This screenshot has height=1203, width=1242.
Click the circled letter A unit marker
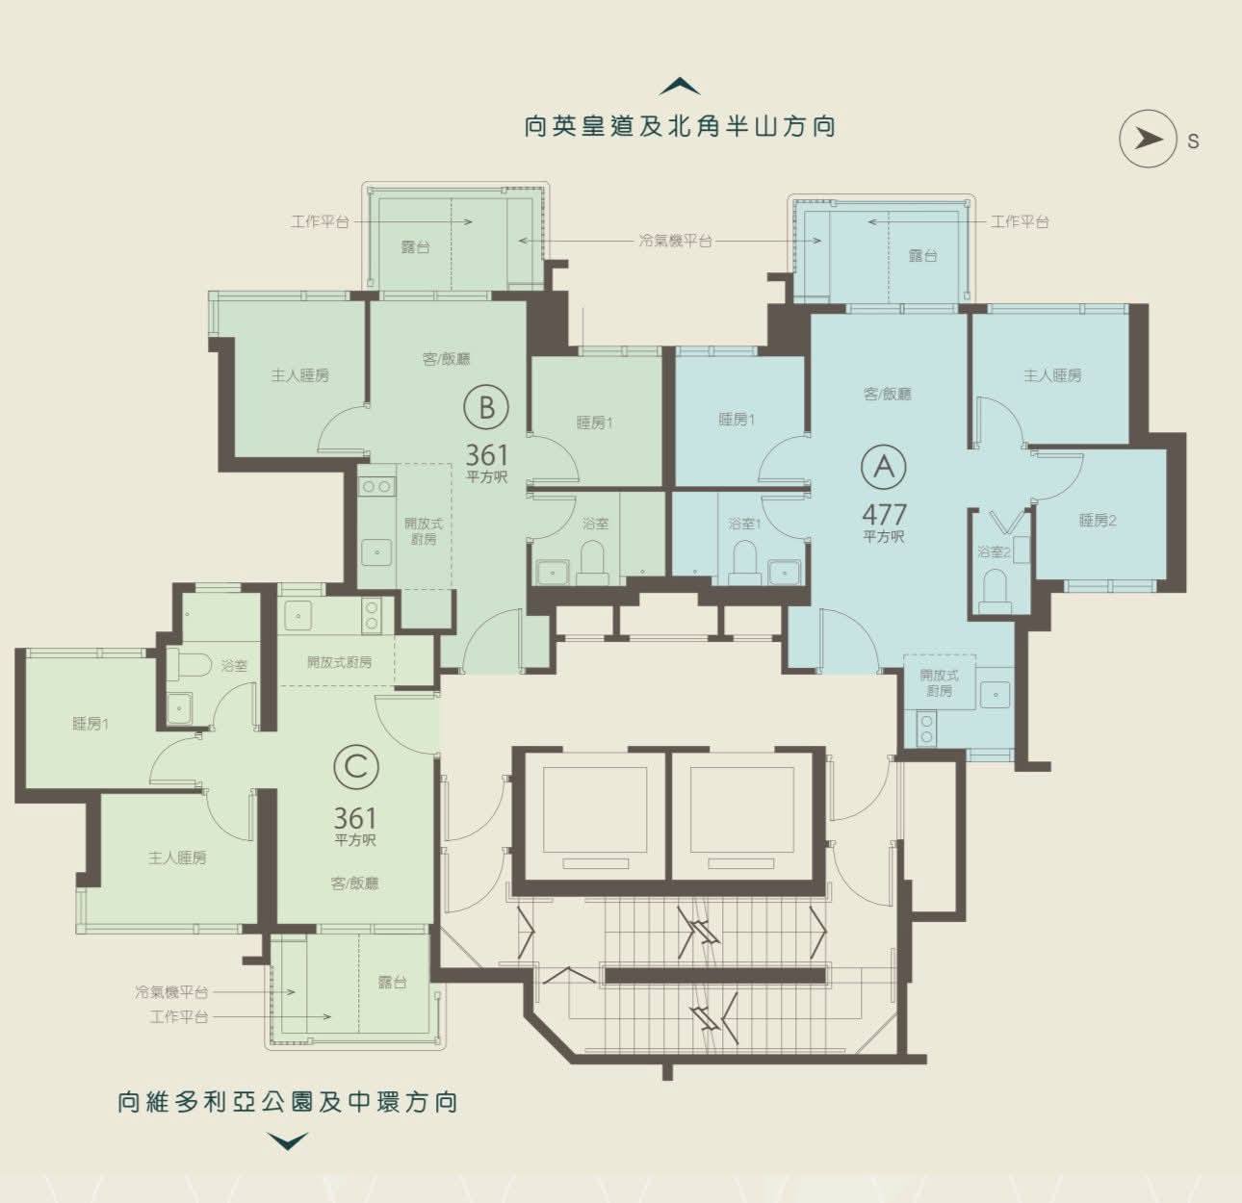[884, 467]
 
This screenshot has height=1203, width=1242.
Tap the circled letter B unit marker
[486, 408]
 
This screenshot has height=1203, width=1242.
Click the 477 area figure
[884, 514]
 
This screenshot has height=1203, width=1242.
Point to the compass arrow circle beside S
[1149, 139]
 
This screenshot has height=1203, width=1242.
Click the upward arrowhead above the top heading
[680, 87]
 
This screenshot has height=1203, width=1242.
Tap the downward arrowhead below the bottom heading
[288, 1141]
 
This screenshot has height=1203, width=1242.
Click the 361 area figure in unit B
[487, 455]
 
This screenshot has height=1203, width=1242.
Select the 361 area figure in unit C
[355, 818]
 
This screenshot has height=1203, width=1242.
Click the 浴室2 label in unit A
[994, 551]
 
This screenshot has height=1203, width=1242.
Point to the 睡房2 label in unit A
[1098, 520]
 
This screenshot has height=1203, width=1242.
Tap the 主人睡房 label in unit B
[300, 375]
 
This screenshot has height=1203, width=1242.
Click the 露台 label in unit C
[392, 982]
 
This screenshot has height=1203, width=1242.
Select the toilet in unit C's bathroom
[189, 665]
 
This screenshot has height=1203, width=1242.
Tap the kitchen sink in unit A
[995, 695]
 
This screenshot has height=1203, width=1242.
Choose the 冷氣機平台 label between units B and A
[675, 242]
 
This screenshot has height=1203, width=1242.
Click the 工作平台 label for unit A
[1020, 221]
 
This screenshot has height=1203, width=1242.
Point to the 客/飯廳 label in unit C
[355, 883]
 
